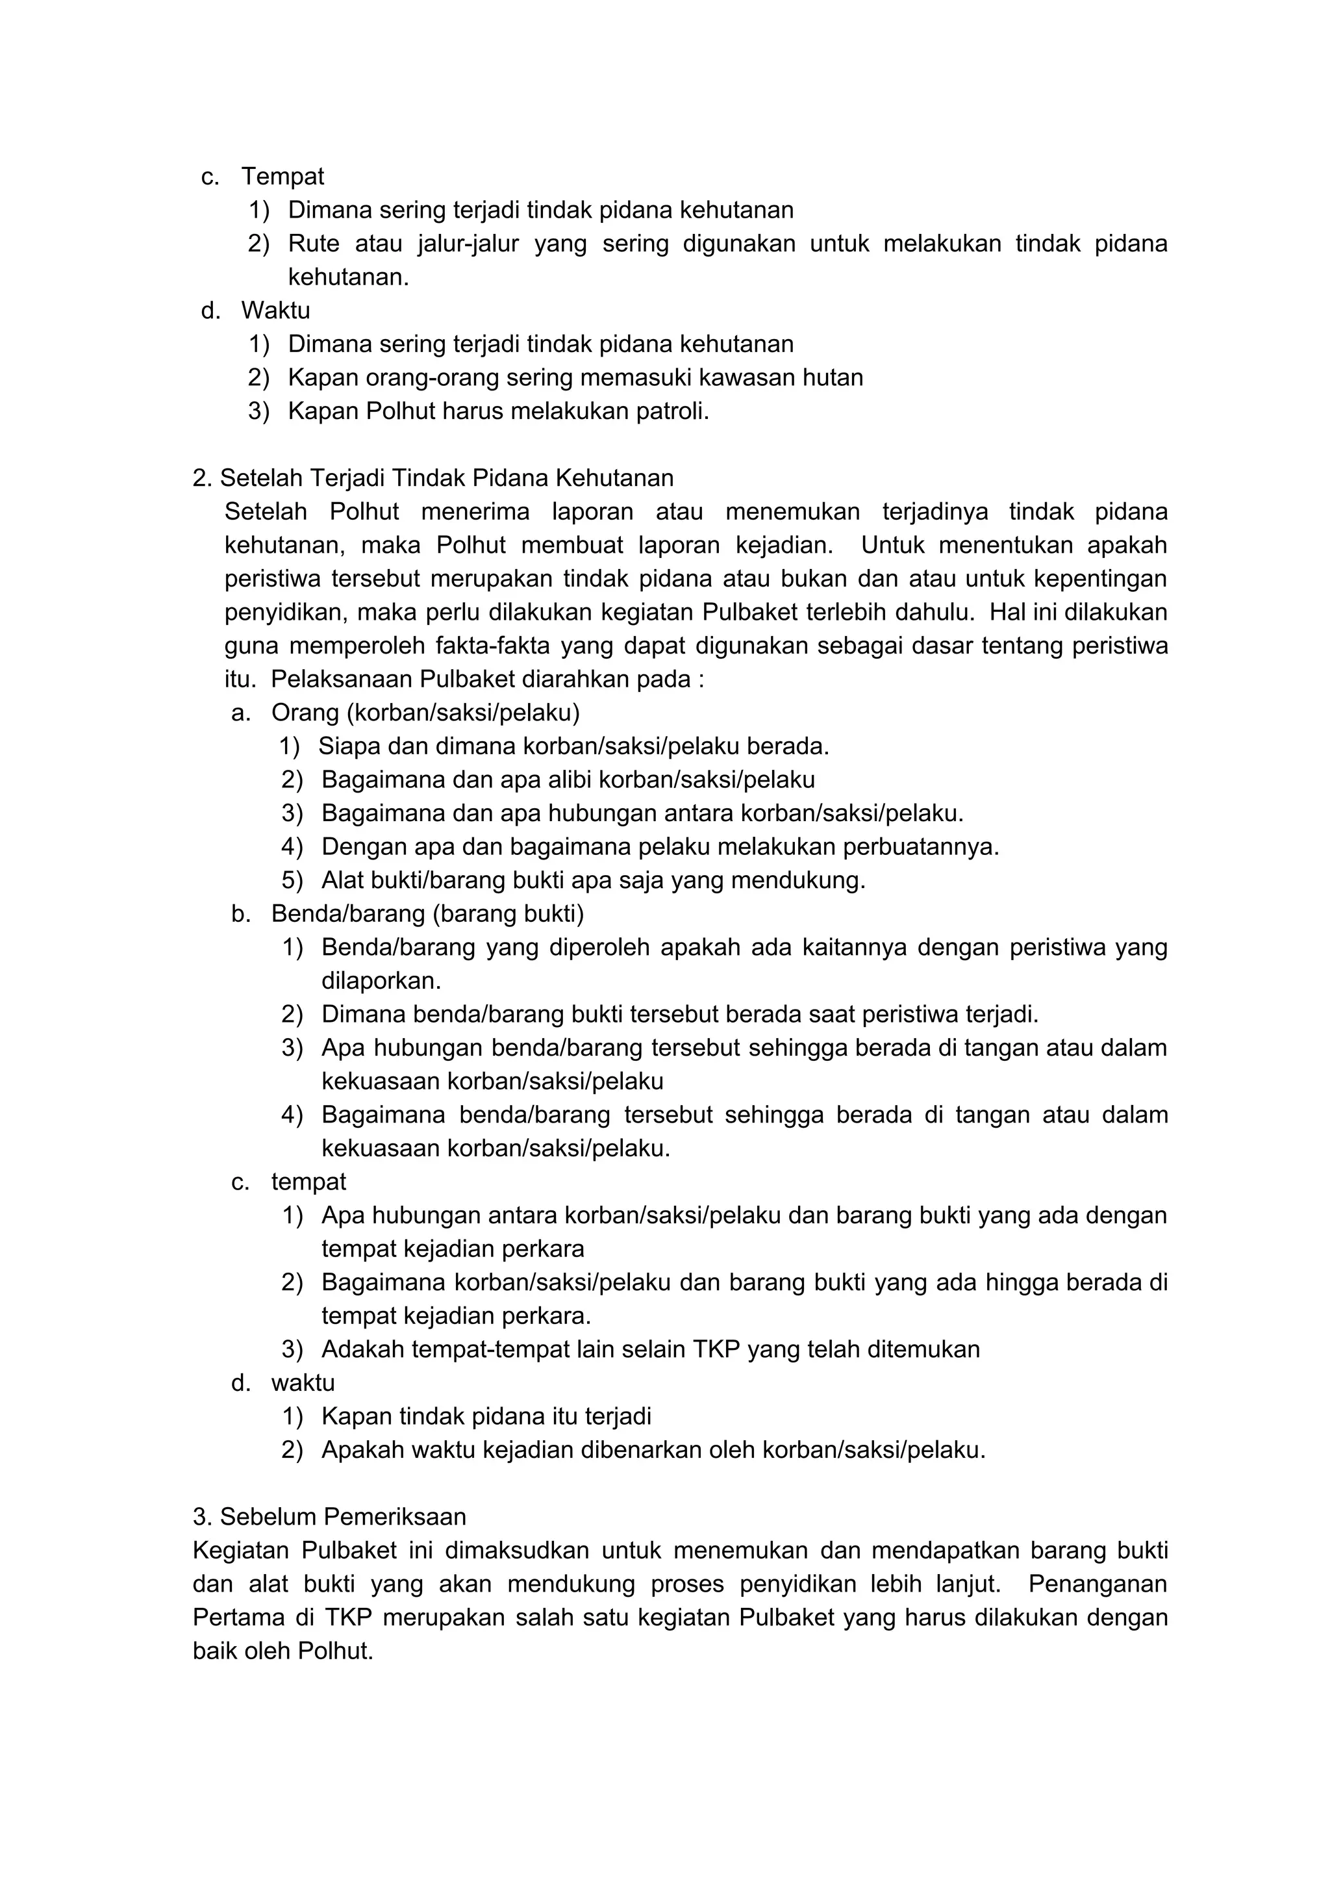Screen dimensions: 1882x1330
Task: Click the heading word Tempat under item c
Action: (x=282, y=176)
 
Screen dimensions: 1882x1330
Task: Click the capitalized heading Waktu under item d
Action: (x=275, y=311)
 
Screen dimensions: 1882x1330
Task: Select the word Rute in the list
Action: (x=313, y=244)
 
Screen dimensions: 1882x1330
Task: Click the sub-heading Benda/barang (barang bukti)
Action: (x=427, y=914)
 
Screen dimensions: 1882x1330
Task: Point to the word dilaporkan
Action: (x=381, y=981)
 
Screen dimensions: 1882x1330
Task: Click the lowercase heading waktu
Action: (x=303, y=1384)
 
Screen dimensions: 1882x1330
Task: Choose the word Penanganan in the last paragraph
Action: (x=1098, y=1584)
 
